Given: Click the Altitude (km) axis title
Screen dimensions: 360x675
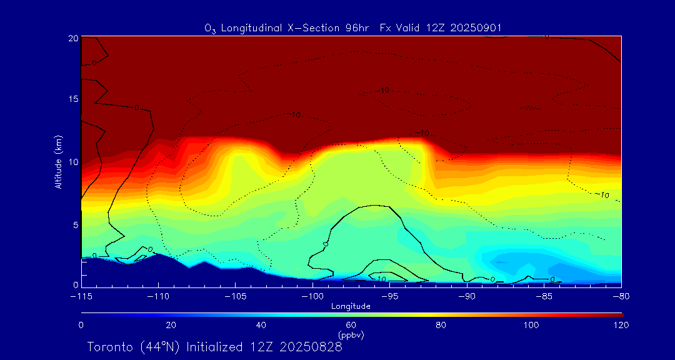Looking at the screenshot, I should click(59, 162).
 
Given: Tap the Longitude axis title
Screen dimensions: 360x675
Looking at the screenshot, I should click(351, 306).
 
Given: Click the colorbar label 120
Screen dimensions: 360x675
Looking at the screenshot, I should click(621, 325).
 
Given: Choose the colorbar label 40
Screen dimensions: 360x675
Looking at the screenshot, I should click(261, 325).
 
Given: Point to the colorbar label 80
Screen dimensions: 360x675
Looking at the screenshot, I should click(441, 325).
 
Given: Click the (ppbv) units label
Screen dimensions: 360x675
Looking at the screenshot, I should click(351, 335).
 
